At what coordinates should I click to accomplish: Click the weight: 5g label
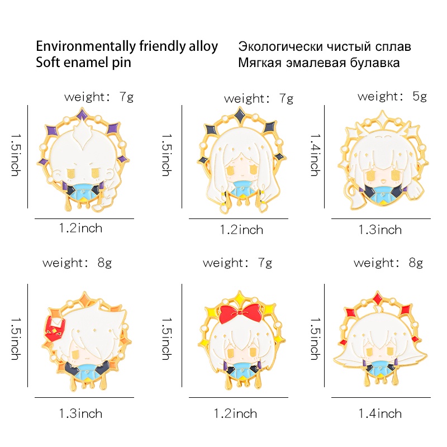click(x=392, y=96)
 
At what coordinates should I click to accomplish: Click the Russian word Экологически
click(x=281, y=46)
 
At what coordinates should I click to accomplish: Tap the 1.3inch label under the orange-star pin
click(x=80, y=413)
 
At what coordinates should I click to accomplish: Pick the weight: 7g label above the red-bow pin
click(x=237, y=262)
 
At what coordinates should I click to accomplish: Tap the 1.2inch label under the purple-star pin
click(x=80, y=228)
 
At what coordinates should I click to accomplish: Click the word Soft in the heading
click(x=51, y=62)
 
